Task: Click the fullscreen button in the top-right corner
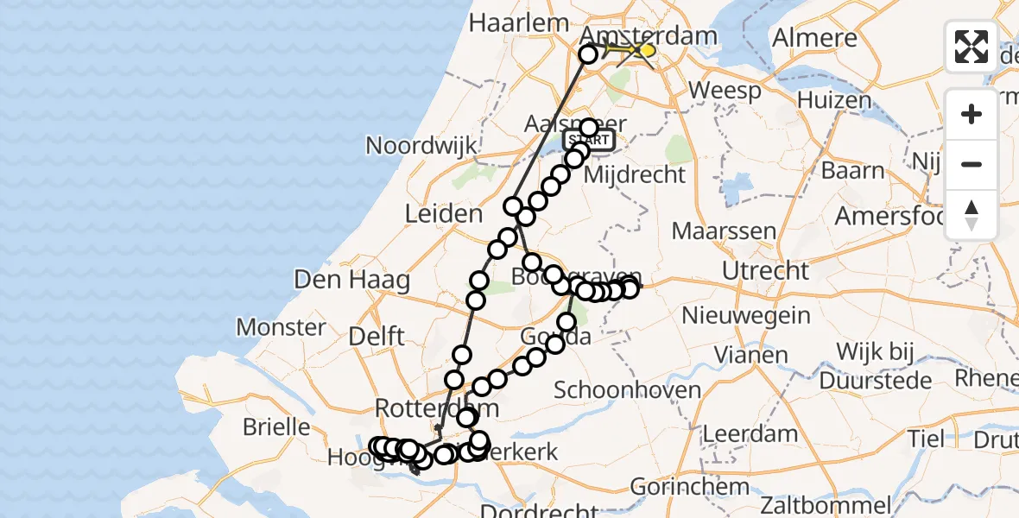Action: click(972, 47)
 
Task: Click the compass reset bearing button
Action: click(972, 215)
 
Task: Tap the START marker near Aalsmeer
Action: click(589, 140)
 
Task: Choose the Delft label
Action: click(377, 337)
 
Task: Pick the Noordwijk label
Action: click(421, 144)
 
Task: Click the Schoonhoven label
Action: click(627, 390)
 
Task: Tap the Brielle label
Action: click(277, 427)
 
